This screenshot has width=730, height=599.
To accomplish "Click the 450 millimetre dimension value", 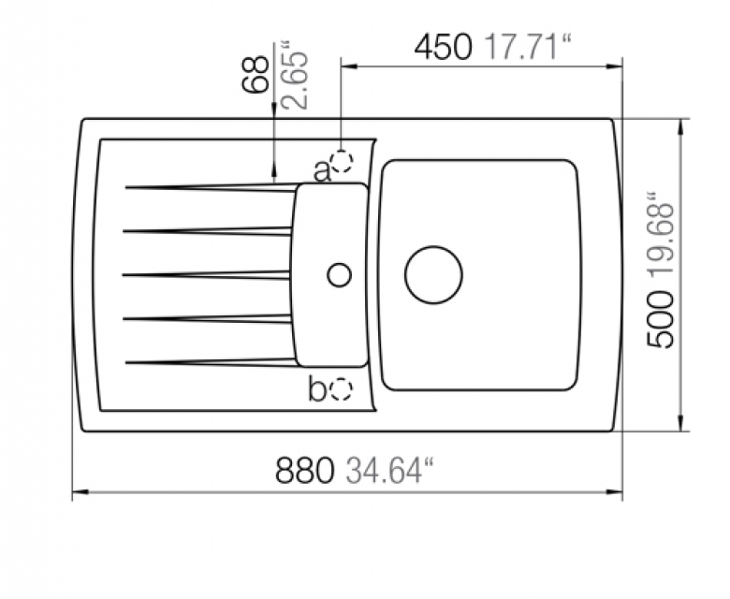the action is click(x=444, y=47).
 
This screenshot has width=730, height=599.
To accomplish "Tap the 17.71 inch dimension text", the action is click(x=529, y=47).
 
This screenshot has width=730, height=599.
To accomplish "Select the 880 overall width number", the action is click(x=305, y=470).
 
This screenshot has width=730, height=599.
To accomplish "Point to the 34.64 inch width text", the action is click(x=384, y=470).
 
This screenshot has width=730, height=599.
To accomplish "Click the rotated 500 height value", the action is click(x=661, y=319).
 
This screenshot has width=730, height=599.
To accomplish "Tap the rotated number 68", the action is click(x=256, y=75).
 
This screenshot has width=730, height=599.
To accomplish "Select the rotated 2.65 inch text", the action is click(x=295, y=75).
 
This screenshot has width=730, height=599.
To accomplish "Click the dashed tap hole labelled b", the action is click(x=342, y=388).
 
